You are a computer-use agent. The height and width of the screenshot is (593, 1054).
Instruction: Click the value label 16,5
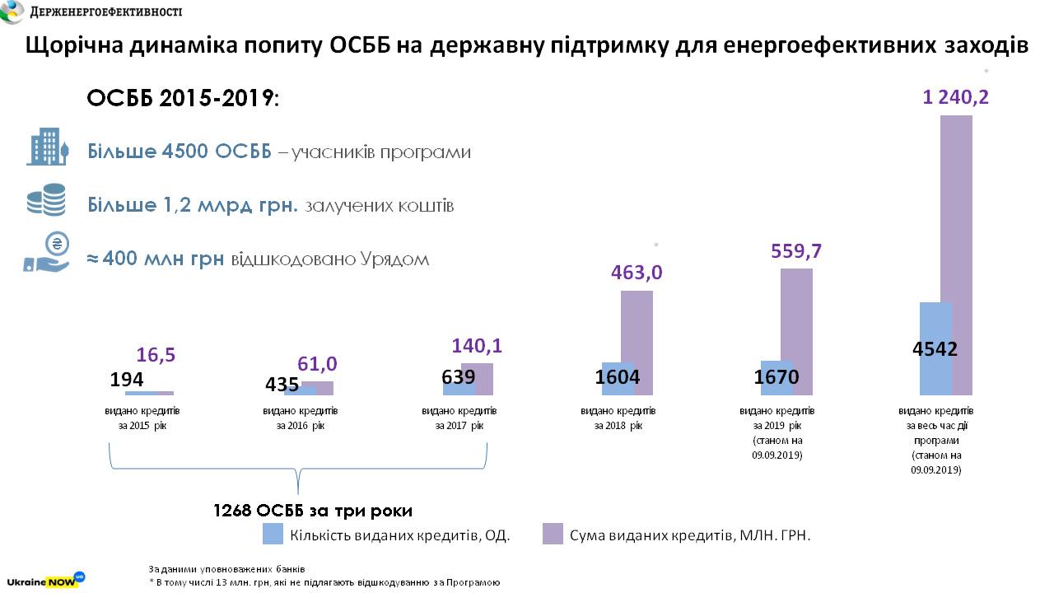155,356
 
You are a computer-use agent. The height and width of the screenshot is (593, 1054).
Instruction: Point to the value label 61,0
316,364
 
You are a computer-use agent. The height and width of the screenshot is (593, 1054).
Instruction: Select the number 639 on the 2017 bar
459,376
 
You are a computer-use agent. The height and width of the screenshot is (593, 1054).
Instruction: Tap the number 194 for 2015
127,380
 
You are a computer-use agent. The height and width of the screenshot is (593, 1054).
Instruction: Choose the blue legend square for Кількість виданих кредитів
273,534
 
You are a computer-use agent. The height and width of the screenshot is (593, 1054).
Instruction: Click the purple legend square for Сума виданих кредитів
553,534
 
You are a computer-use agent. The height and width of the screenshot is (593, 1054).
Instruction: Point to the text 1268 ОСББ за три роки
312,510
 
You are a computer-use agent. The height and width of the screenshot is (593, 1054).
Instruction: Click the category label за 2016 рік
301,418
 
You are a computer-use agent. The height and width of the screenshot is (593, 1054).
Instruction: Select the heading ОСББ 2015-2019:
183,99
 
